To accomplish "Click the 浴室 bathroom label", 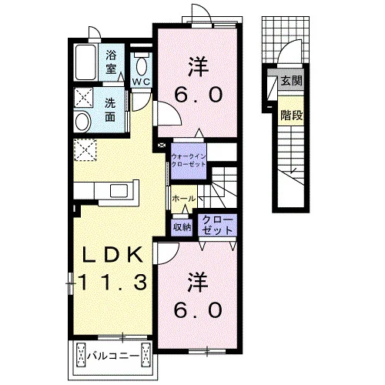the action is (111, 62).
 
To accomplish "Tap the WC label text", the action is (141, 82).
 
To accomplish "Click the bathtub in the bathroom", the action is (85, 62).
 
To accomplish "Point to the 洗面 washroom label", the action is (110, 110).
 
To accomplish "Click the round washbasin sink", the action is (82, 122).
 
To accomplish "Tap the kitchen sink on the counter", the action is (119, 191).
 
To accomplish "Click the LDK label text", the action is (112, 255).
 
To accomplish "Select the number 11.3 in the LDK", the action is (112, 282).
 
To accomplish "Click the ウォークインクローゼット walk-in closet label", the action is (189, 160).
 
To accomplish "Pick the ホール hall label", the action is (184, 199).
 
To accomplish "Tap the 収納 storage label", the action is (182, 227).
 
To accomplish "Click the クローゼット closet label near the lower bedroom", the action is (217, 226).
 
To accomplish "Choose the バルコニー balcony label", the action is (113, 356).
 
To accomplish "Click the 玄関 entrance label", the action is (292, 81).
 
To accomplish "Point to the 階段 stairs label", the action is (292, 115).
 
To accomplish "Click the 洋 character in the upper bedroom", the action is (198, 67).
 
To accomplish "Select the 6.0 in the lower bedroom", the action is (198, 310).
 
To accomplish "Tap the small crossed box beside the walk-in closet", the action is (162, 146).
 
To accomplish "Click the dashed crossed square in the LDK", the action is (85, 150).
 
